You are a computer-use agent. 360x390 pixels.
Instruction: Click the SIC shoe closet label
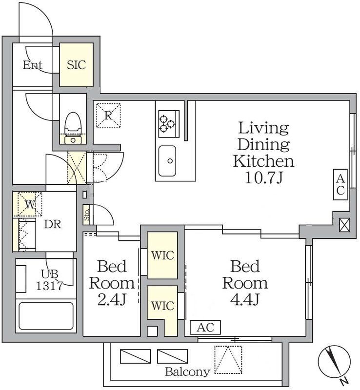point(77,65)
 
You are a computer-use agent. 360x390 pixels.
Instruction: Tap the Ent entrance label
point(33,65)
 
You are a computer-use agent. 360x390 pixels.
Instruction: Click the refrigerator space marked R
point(108,116)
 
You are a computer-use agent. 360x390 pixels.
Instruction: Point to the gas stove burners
point(167,124)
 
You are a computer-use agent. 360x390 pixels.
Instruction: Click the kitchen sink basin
point(167,161)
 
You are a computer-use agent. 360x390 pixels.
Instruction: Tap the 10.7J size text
point(263,177)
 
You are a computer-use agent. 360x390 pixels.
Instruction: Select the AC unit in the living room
point(340,184)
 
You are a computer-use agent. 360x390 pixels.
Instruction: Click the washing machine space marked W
point(30,204)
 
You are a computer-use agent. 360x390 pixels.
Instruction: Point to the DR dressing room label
point(53,224)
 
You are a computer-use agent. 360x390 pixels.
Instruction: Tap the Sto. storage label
point(86,214)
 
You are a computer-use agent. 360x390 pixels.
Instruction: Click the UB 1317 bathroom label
point(49,279)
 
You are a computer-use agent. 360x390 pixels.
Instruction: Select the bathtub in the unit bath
point(46,316)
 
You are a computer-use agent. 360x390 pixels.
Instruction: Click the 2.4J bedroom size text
point(112,300)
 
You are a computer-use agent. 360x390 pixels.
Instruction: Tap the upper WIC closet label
point(162,255)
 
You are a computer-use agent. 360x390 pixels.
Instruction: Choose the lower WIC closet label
point(162,306)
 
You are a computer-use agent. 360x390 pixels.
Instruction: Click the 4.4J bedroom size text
point(245,299)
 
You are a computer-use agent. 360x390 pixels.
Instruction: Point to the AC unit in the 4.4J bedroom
point(205,327)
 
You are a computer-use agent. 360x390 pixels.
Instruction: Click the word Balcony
point(187,372)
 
